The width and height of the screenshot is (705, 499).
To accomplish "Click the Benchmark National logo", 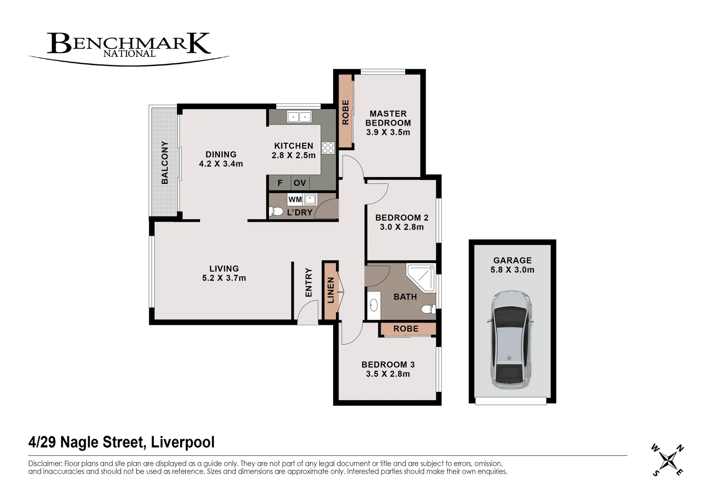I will pos(128,46).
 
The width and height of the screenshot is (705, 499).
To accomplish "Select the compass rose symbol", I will pos(668,460).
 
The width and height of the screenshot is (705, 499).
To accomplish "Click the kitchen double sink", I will pos(299,116).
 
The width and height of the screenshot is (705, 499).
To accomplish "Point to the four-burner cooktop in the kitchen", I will pos(328,148).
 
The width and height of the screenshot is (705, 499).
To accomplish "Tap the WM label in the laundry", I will pos(295,200).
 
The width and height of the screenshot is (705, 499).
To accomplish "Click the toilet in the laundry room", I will pos(276,212).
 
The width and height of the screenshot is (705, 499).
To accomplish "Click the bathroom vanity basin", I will pos(373,305).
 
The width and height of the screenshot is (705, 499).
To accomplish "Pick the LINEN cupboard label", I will pos(330,290).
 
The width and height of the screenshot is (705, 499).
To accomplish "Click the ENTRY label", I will pos(309,282).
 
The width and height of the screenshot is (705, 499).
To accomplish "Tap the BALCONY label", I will pos(164,163).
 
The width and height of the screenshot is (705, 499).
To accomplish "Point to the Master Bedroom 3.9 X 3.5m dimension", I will pos(388,132).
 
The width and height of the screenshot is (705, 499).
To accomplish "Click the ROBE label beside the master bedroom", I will pos(345,112).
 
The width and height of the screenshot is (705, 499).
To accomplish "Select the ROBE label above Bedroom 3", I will pos(406,329).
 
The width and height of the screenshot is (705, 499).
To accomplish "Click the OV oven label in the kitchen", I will pos(300,183).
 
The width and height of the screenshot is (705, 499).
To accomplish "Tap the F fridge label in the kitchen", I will pos(280,183).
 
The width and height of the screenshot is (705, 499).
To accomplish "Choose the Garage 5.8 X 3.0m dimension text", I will pos(512,270).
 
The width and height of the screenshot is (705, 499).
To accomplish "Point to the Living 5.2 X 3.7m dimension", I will pos(224,278).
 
